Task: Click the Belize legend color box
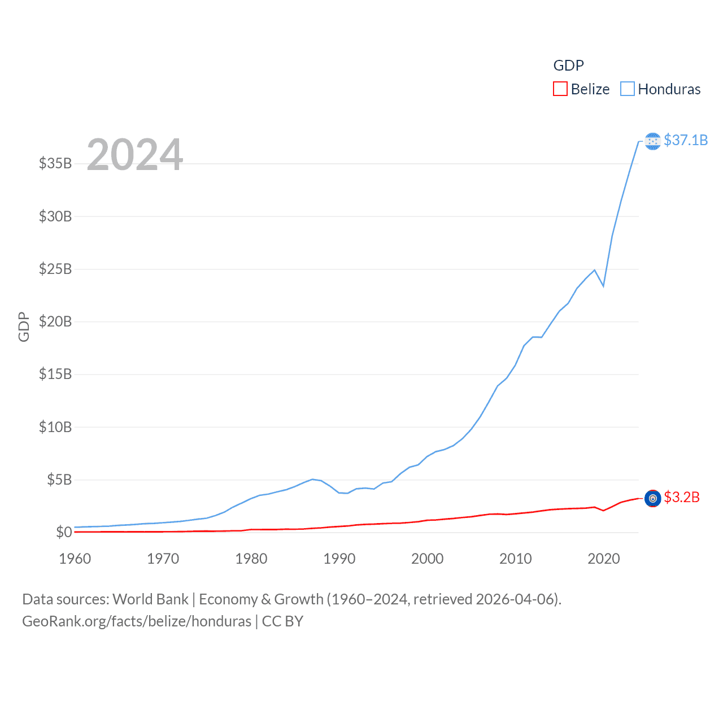tap(560, 89)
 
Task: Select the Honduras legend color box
tap(627, 89)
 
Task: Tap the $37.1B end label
tap(686, 140)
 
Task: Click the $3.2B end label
tap(682, 497)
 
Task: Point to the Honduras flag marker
tap(652, 141)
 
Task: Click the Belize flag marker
tap(652, 498)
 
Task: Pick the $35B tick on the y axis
tap(55, 164)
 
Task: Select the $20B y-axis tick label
tap(55, 322)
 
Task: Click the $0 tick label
tap(64, 533)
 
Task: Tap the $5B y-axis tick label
tap(59, 480)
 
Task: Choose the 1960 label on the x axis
tap(75, 559)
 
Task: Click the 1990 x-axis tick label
tap(339, 559)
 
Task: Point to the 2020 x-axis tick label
tap(604, 559)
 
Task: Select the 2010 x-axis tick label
tap(516, 559)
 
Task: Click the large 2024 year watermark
tap(135, 155)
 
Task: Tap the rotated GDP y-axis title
tap(24, 326)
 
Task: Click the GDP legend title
tap(568, 66)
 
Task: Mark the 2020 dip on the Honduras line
tap(603, 286)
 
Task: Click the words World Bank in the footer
tap(151, 599)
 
